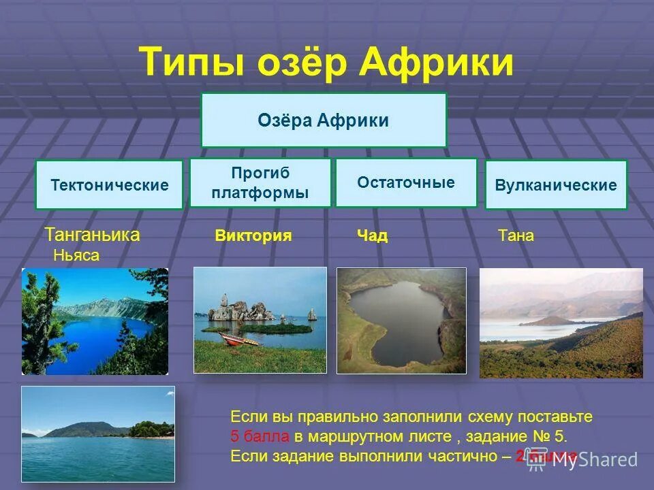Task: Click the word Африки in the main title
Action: [x=436, y=63]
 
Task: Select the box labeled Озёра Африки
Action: [x=323, y=120]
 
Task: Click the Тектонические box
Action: [x=109, y=184]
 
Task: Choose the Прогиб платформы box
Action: [x=260, y=183]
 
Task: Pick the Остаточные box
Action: [x=406, y=182]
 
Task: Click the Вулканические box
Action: [x=556, y=184]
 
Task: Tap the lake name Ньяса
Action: [x=76, y=256]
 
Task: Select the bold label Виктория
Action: [x=253, y=236]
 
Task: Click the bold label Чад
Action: [x=372, y=236]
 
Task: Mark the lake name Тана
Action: [x=516, y=236]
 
